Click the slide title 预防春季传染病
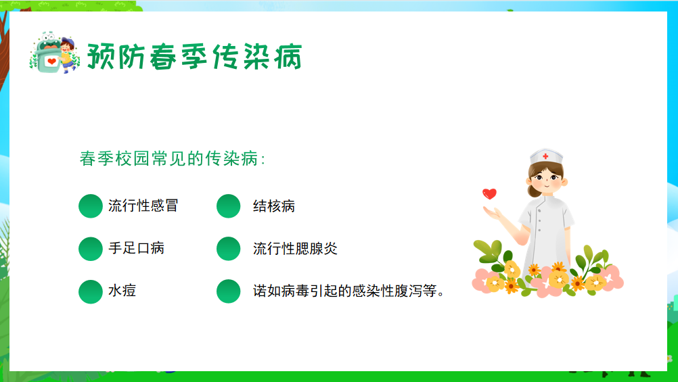(x=195, y=57)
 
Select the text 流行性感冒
(x=143, y=206)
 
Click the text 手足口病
(x=136, y=248)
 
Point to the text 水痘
(x=122, y=291)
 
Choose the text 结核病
(x=274, y=206)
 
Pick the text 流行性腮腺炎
(x=295, y=249)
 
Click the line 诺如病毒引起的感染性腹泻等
(x=348, y=291)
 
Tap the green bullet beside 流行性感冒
(x=91, y=206)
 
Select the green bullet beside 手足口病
(x=91, y=249)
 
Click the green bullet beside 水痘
(x=91, y=291)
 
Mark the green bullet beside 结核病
(x=228, y=206)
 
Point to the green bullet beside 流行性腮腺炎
(x=228, y=249)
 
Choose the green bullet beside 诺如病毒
(x=228, y=291)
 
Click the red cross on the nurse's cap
(x=545, y=156)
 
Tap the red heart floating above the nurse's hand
(x=489, y=193)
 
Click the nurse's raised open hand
(x=493, y=212)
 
